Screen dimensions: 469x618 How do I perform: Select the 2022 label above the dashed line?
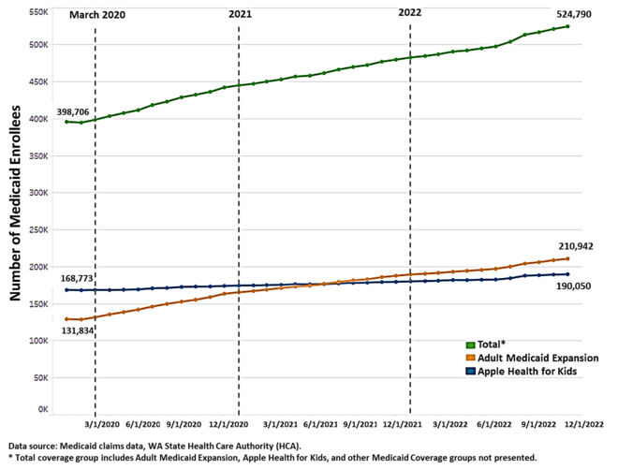pyautogui.click(x=410, y=13)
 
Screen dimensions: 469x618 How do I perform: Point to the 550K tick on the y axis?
pyautogui.click(x=38, y=12)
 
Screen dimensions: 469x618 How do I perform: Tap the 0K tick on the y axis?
pyautogui.click(x=42, y=410)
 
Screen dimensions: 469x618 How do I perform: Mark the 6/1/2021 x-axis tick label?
pyautogui.click(x=321, y=424)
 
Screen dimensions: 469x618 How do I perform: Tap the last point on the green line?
pyautogui.click(x=567, y=26)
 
